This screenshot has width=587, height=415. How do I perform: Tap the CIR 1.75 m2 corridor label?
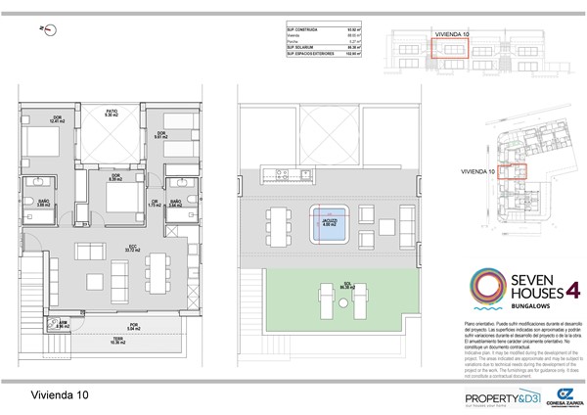pyautogui.click(x=156, y=204)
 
